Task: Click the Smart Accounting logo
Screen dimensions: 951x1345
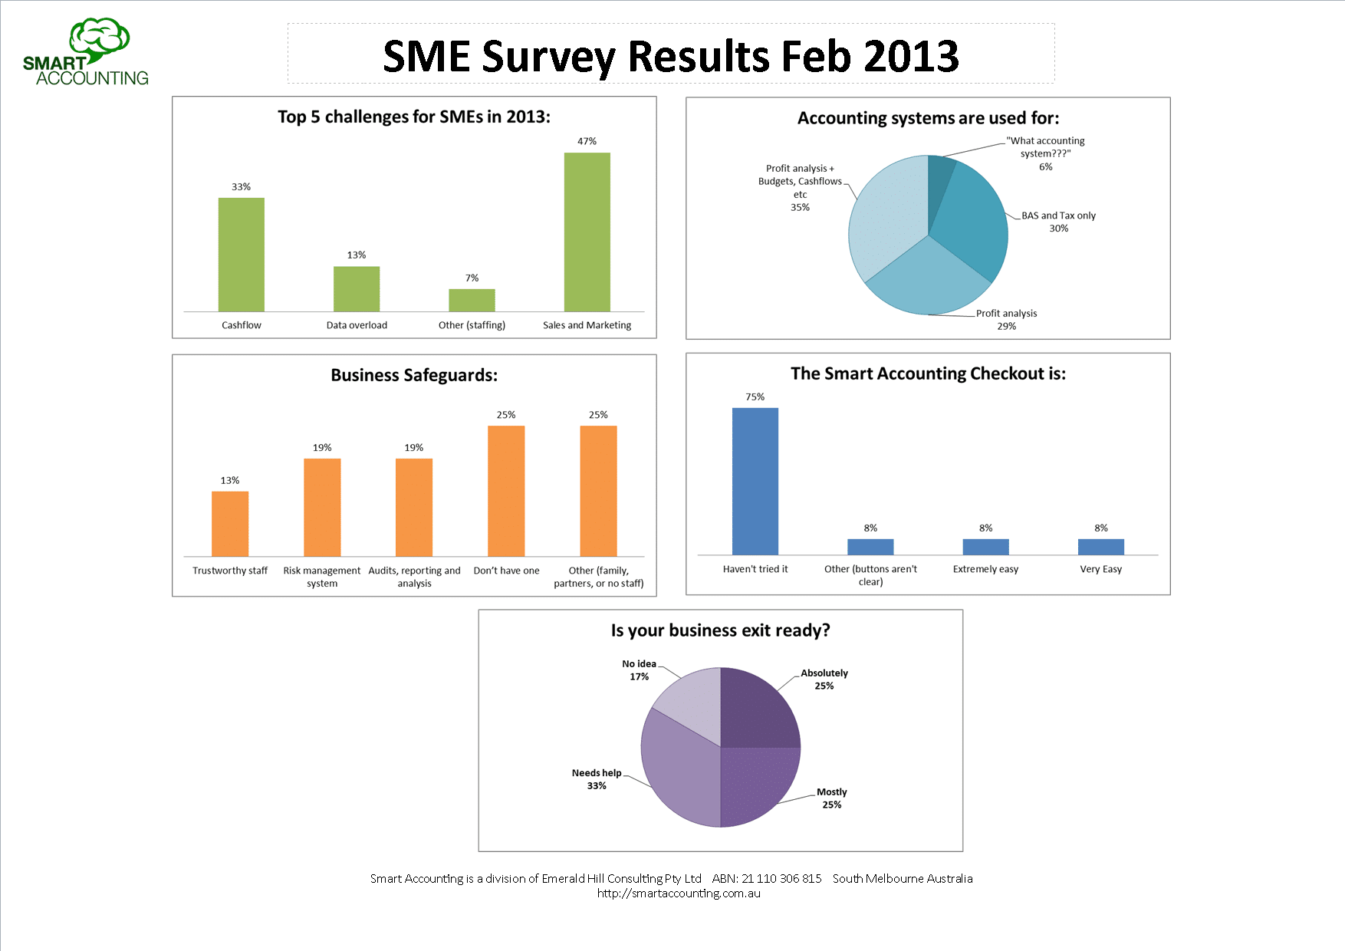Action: pos(86,52)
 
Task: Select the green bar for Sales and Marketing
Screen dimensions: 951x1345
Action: pos(587,232)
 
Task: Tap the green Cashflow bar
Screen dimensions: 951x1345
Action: pos(242,255)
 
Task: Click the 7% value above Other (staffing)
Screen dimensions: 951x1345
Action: pos(472,278)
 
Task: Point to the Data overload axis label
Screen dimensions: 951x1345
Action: pos(357,325)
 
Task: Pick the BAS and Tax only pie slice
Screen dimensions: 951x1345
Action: pos(971,222)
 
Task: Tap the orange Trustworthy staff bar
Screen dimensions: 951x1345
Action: pos(230,524)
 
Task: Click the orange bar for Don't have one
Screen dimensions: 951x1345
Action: pos(506,491)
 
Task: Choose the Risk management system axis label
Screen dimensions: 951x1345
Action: pos(322,577)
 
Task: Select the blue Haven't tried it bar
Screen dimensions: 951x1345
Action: pos(755,481)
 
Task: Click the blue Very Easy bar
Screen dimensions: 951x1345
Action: pos(1100,547)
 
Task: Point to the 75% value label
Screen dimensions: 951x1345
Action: pos(755,397)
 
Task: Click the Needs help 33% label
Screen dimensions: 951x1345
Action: pos(597,779)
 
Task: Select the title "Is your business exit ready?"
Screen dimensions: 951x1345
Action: pos(720,630)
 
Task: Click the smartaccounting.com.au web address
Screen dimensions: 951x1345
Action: pos(679,893)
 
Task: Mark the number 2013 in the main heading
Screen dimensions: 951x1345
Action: pos(911,57)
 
